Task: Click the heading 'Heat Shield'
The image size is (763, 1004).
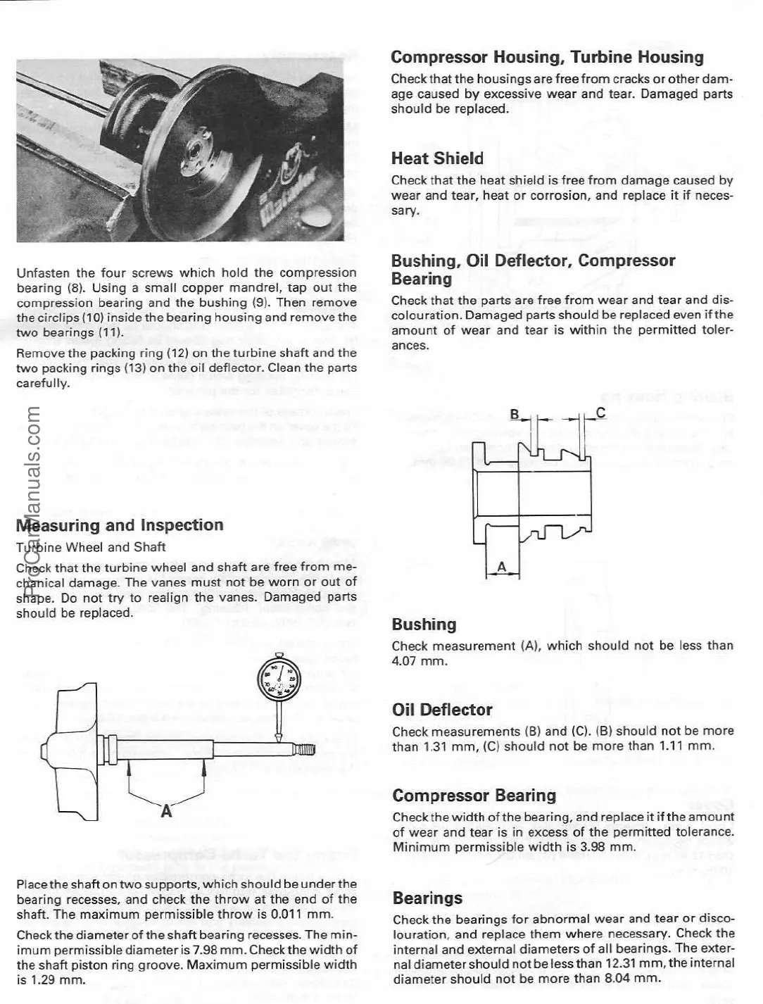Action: click(x=437, y=158)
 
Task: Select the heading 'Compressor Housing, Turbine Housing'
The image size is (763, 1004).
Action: click(x=547, y=57)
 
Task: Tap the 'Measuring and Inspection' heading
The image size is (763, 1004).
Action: click(x=120, y=525)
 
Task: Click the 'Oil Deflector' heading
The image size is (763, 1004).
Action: click(x=442, y=710)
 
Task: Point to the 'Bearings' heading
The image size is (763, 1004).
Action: click(x=427, y=898)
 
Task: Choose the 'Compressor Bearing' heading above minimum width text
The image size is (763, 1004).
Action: click(x=474, y=796)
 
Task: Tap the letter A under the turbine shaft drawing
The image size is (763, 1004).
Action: click(x=166, y=812)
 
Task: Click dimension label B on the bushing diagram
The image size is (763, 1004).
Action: click(x=515, y=415)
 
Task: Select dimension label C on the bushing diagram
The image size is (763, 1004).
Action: click(x=600, y=413)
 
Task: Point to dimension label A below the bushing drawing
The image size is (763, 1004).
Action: click(x=502, y=567)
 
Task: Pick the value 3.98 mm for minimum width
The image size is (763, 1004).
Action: click(x=591, y=847)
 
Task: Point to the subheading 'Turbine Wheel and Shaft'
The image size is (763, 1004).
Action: click(x=91, y=547)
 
